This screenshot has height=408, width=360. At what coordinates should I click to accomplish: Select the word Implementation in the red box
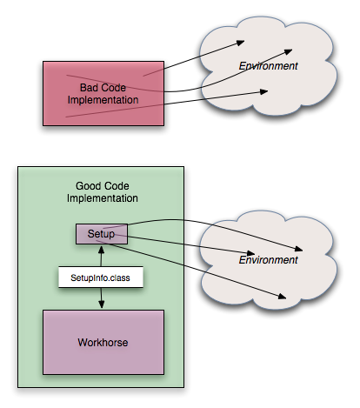103,100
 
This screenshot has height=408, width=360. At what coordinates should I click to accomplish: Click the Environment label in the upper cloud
268,66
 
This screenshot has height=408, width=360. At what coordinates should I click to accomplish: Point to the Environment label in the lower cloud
268,260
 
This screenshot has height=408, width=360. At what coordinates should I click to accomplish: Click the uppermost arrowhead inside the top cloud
241,43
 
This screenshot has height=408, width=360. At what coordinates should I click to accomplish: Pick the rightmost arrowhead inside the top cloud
288,52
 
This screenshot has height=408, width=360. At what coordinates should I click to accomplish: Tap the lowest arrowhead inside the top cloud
263,91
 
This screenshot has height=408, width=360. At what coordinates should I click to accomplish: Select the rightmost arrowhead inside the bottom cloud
299,249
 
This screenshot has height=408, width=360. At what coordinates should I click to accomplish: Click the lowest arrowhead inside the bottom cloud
283,296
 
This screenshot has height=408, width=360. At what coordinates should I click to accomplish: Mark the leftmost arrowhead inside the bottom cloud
250,253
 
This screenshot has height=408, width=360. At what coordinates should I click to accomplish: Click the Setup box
102,234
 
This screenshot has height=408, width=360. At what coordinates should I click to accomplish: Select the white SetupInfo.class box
101,278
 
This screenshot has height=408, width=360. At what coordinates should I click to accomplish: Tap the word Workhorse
103,343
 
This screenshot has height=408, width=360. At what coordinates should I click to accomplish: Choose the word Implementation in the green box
103,198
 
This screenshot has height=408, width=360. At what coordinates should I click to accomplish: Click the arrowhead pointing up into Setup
101,250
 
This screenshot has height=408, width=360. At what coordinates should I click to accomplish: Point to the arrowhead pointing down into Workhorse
101,304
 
